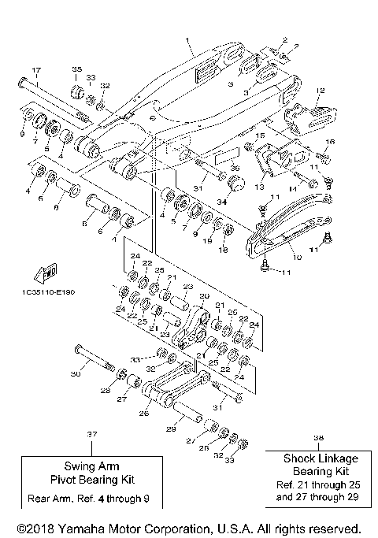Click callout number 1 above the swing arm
pyautogui.click(x=187, y=39)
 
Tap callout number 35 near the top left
pyautogui.click(x=77, y=69)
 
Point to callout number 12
pyautogui.click(x=319, y=91)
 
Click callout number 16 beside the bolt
pyautogui.click(x=330, y=141)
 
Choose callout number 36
pyautogui.click(x=234, y=167)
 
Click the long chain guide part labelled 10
pyautogui.click(x=291, y=229)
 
